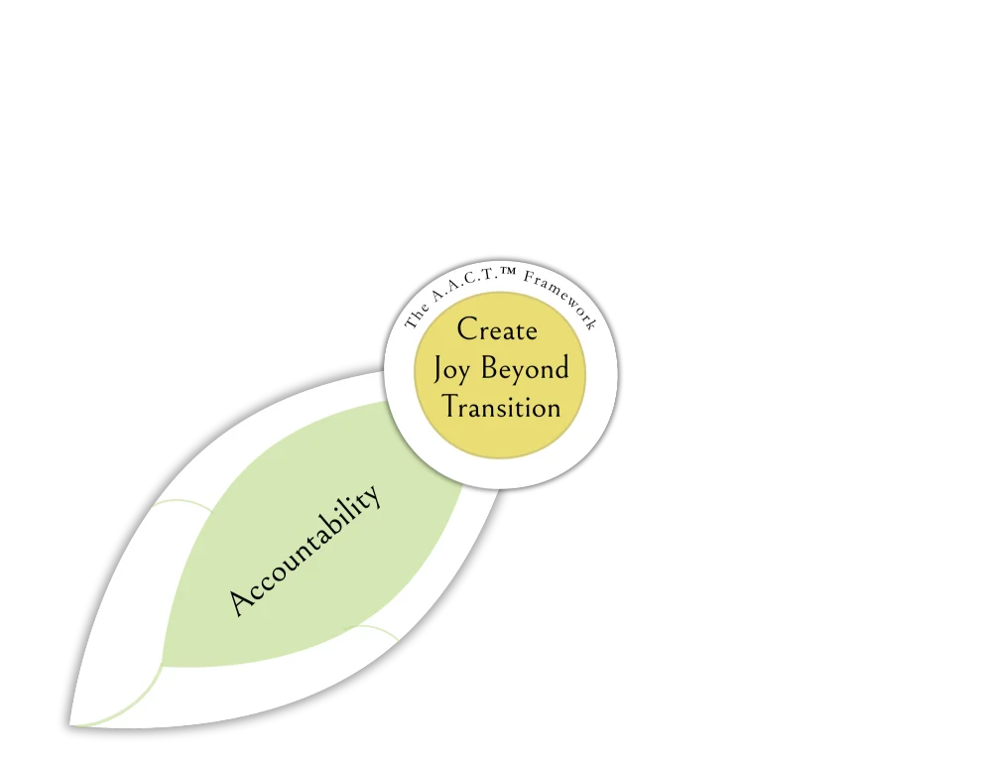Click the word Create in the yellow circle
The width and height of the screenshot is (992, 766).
(497, 329)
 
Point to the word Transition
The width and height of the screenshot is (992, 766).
(501, 407)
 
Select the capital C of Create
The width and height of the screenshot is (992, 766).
(467, 329)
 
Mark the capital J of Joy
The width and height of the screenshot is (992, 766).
(439, 370)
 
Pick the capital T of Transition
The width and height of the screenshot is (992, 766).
(452, 407)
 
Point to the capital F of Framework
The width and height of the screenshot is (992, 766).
(529, 278)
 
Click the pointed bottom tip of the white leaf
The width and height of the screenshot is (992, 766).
(72, 723)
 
